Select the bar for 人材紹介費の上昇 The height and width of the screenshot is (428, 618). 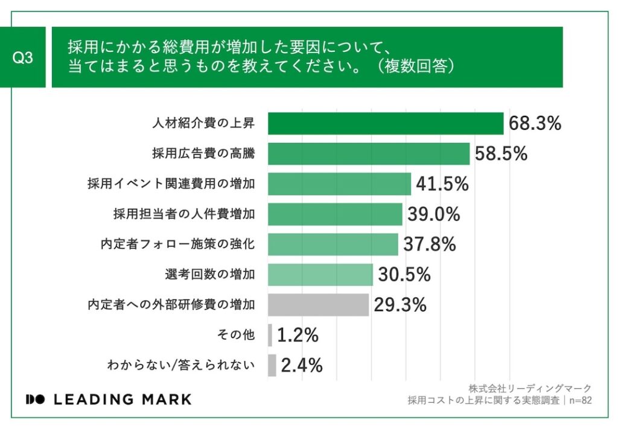click(385, 124)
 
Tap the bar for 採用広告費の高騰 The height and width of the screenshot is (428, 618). click(368, 154)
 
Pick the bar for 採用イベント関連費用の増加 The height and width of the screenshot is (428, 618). click(339, 184)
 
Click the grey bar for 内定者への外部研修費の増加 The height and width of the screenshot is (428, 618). click(318, 305)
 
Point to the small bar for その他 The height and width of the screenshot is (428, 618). click(270, 335)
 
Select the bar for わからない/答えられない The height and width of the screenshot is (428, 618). click(272, 365)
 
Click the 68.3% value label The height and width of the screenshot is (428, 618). click(535, 124)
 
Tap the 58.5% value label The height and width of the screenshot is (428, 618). click(501, 154)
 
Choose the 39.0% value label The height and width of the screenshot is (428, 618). click(433, 214)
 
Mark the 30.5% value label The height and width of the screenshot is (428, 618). click(404, 275)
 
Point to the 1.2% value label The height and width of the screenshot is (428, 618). click(298, 335)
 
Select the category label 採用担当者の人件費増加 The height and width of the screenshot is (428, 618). click(183, 214)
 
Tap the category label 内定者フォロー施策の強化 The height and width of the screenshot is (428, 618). click(177, 244)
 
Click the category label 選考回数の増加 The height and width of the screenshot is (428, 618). click(209, 275)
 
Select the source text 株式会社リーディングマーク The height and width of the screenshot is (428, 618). click(529, 388)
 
